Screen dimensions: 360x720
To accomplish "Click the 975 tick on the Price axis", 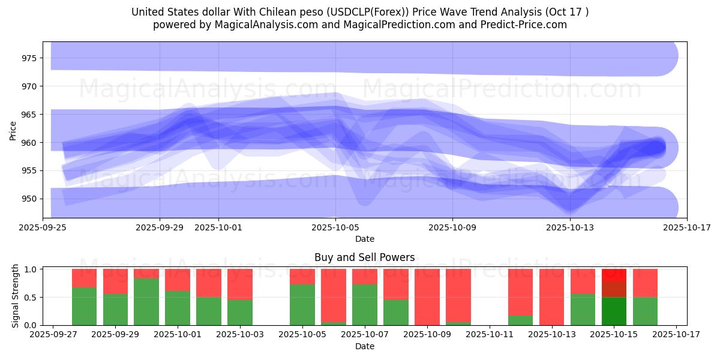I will [x=28, y=58].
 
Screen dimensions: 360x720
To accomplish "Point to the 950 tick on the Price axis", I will [x=28, y=199].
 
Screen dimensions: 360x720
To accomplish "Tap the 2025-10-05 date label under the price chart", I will [x=335, y=227].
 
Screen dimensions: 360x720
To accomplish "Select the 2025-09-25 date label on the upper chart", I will [x=43, y=227].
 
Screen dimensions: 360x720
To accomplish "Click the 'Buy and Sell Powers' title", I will [x=364, y=257].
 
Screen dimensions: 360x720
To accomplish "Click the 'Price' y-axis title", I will [x=13, y=130].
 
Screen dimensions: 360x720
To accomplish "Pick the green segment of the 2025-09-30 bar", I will [x=146, y=302].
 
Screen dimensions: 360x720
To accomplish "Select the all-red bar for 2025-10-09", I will [x=427, y=297].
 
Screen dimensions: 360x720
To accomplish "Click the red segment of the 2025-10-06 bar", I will [x=334, y=295].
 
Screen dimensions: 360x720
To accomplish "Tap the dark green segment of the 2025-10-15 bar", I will [x=614, y=311].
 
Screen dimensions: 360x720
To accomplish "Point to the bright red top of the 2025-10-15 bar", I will [x=614, y=275].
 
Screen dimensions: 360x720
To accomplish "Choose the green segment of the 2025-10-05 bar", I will [x=302, y=305].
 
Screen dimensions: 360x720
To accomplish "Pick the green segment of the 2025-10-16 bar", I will [x=645, y=311].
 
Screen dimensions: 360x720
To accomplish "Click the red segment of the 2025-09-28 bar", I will [x=84, y=278].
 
